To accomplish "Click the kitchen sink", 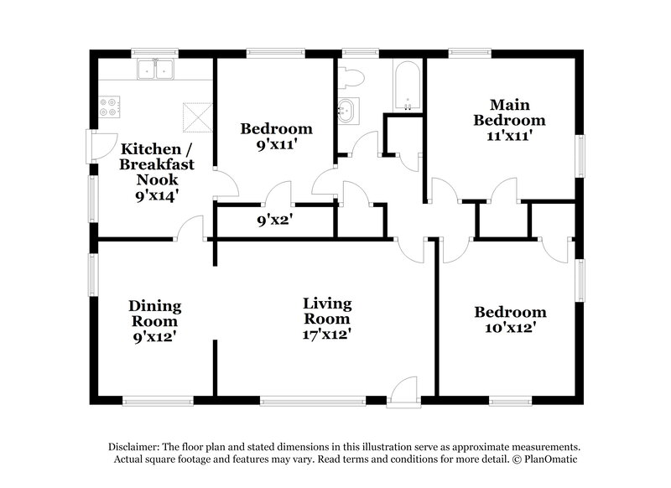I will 153,70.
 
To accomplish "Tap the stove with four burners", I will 109,107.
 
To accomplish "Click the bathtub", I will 408,85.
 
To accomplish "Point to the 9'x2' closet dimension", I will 274,221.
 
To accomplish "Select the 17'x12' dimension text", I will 327,335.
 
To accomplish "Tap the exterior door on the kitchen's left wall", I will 102,145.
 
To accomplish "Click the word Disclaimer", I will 138,447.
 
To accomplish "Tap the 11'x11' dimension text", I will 509,134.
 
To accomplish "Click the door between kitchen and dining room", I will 192,229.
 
